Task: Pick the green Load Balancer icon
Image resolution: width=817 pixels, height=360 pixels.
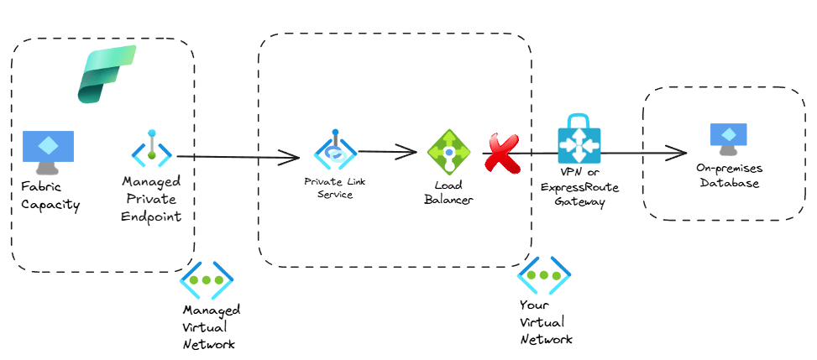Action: coord(448,152)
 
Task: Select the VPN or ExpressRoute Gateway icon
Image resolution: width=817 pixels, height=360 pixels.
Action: coord(580,140)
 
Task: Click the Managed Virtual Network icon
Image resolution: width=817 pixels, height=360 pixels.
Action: coord(207,279)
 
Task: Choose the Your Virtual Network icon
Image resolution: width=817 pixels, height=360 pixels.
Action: coord(544,274)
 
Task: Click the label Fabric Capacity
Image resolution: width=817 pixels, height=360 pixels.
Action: coord(51,196)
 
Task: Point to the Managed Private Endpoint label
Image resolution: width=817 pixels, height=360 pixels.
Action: coord(151,198)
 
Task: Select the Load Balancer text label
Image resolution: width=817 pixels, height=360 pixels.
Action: coord(448,192)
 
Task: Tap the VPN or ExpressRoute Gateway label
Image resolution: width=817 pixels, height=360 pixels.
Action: coord(580,186)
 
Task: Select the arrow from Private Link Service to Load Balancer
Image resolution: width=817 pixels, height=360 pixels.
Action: coord(386,152)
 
